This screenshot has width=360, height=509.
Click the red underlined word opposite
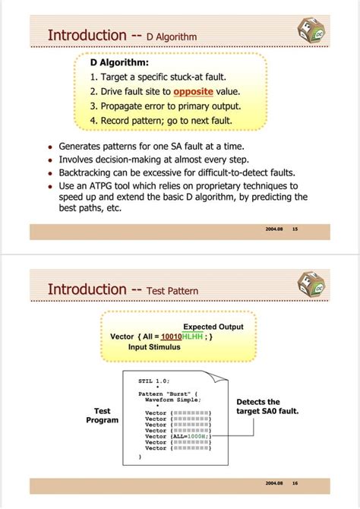(x=193, y=92)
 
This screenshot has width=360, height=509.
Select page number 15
(x=295, y=229)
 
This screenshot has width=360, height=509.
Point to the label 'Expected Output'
(x=213, y=327)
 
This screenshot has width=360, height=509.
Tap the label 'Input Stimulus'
(x=154, y=346)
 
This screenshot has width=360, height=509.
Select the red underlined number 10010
(x=172, y=337)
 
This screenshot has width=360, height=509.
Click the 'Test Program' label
(x=102, y=415)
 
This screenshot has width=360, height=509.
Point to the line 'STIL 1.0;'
(x=154, y=380)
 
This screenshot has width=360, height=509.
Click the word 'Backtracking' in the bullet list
(x=88, y=172)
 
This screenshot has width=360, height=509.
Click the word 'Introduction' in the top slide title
(x=87, y=35)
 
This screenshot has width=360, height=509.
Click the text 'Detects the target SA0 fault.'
(x=267, y=406)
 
